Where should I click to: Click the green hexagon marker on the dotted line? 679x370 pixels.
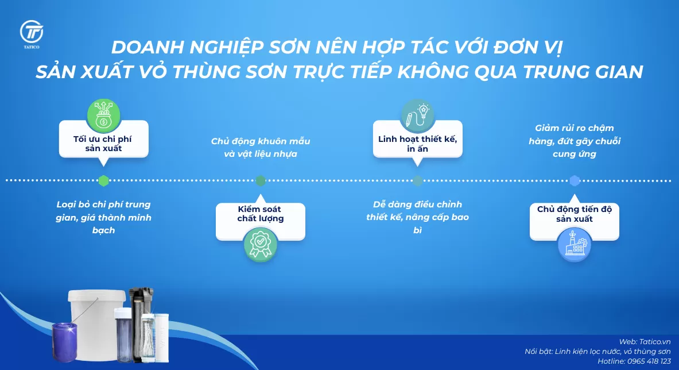click(103, 180)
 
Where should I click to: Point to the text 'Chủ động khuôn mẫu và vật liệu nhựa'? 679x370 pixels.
click(260, 148)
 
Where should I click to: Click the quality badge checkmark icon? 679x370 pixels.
click(261, 244)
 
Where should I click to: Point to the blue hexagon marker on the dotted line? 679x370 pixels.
click(574, 180)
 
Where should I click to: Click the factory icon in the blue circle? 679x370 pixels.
click(574, 245)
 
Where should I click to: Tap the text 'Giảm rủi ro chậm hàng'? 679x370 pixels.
click(574, 134)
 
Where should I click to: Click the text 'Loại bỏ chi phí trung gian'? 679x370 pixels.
click(103, 211)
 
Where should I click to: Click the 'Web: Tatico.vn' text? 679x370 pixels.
click(645, 341)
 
